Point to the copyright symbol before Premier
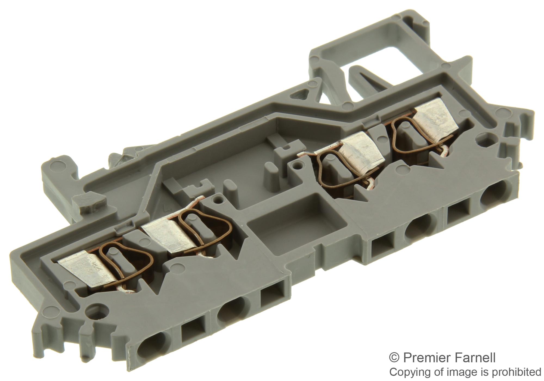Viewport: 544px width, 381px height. click(396, 358)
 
